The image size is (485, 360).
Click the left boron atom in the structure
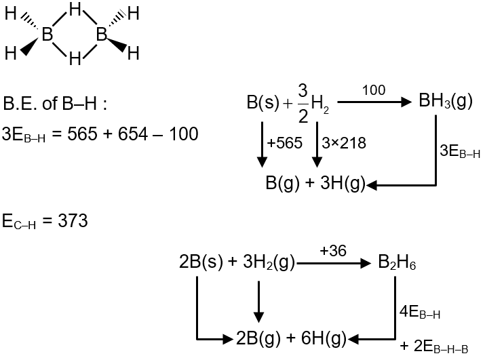click(47, 34)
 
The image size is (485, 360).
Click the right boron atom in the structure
click(102, 34)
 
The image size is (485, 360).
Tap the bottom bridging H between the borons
click(75, 57)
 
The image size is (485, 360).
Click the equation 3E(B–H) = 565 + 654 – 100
click(101, 134)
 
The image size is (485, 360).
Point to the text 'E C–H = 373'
click(45, 221)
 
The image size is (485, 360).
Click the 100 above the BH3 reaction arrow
click(374, 90)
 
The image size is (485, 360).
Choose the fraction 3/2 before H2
click(303, 104)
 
